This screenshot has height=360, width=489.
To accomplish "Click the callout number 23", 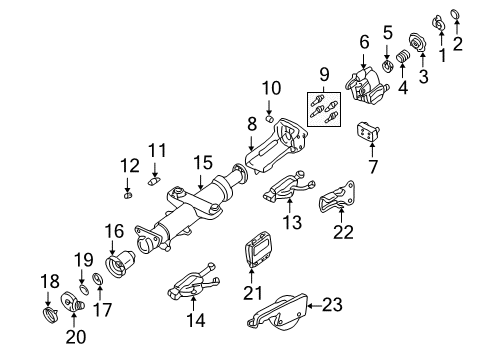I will (x=331, y=304).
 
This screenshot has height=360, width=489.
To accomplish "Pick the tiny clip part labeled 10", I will (x=269, y=121).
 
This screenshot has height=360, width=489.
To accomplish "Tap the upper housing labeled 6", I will (x=368, y=81).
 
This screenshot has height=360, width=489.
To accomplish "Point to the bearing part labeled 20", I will (x=72, y=299).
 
